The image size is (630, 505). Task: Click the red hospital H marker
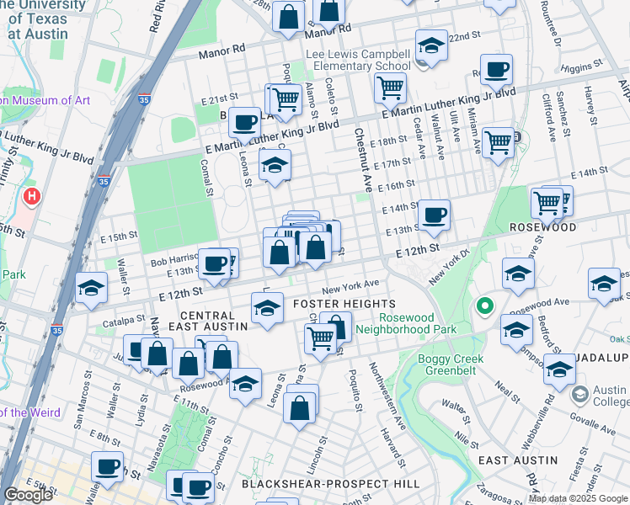pos(32,197)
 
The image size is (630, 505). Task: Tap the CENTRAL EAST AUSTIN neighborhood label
pos(214,320)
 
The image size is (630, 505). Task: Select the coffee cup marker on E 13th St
pos(434,215)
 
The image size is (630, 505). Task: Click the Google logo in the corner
pos(28,495)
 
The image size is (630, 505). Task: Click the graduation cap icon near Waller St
pos(91,288)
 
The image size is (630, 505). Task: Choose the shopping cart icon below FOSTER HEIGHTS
pos(320,338)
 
